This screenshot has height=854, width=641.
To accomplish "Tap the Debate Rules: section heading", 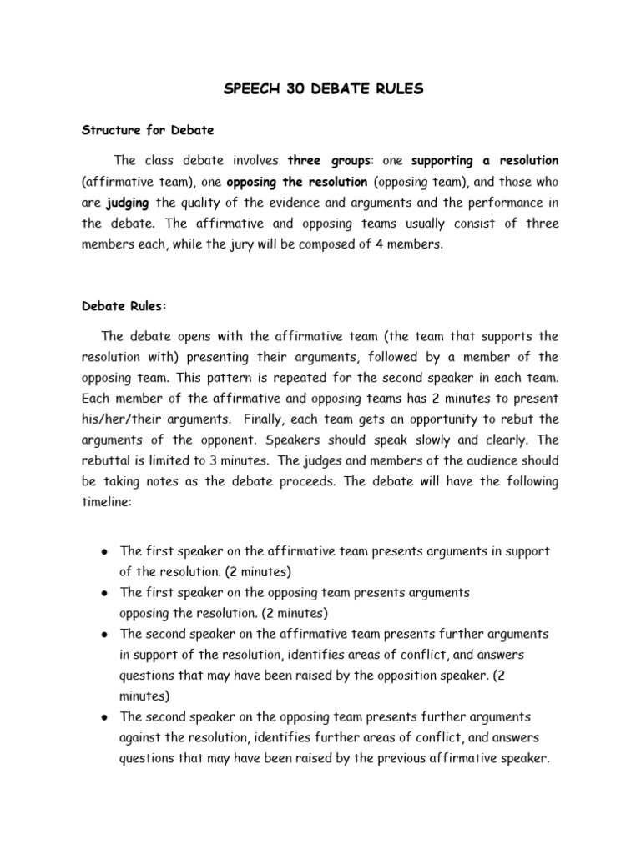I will pyautogui.click(x=124, y=306).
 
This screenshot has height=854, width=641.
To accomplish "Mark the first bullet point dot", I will pyautogui.click(x=103, y=552).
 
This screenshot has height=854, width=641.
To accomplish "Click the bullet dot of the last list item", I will pyautogui.click(x=103, y=717).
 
